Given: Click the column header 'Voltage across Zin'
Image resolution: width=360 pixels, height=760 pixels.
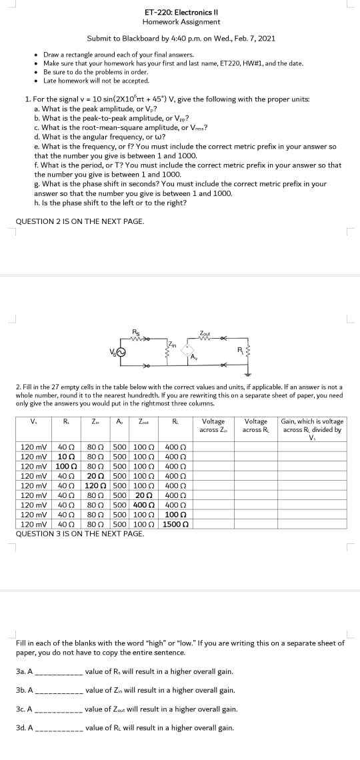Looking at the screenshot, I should pyautogui.click(x=213, y=425).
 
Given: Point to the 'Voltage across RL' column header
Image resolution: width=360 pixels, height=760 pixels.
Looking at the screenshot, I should pyautogui.click(x=256, y=425).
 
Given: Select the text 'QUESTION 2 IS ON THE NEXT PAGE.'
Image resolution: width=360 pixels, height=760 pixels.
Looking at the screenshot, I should pyautogui.click(x=79, y=221).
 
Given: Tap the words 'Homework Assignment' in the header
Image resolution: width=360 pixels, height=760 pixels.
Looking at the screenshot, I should pyautogui.click(x=181, y=21).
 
